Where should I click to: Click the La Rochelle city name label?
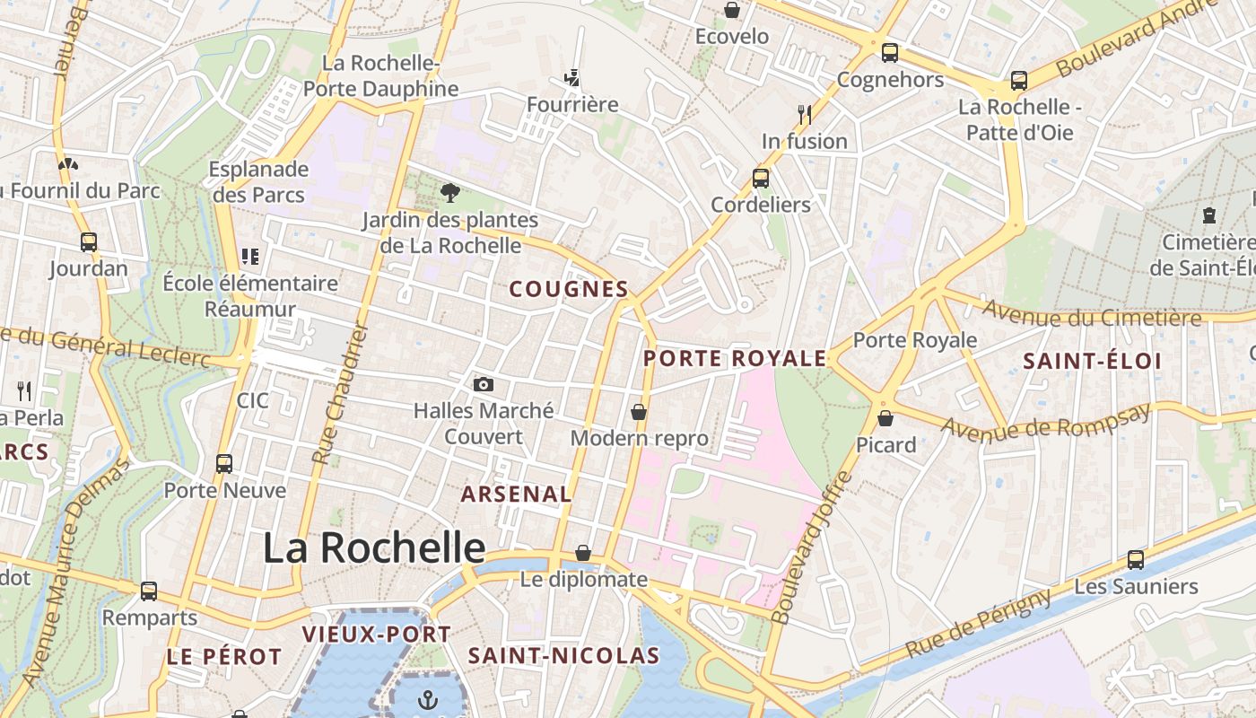(x=374, y=547)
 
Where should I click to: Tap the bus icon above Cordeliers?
(x=761, y=178)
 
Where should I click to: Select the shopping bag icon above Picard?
(x=885, y=418)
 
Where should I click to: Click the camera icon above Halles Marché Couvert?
(x=484, y=384)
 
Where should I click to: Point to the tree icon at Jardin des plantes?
(x=450, y=193)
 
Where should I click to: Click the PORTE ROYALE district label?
(x=735, y=359)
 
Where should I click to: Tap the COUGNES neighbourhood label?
(x=569, y=289)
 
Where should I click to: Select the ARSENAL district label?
(x=516, y=494)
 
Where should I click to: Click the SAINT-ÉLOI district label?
(x=1093, y=362)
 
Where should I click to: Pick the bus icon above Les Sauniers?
(x=1136, y=560)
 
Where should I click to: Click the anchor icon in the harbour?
(x=429, y=698)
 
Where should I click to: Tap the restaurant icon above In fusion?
(x=804, y=114)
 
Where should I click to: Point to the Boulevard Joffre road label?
(x=809, y=547)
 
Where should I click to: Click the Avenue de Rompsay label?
(x=1045, y=422)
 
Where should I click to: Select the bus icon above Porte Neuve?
(x=224, y=464)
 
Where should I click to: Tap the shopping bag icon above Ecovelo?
(x=732, y=10)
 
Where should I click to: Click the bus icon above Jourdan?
(x=88, y=241)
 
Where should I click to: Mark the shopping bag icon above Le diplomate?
(x=583, y=553)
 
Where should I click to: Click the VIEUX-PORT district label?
(x=376, y=635)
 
